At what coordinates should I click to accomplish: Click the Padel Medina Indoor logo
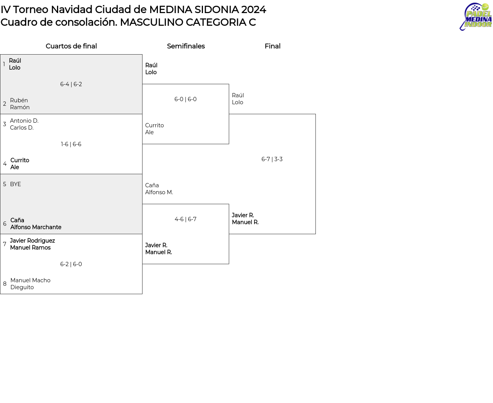click(475, 17)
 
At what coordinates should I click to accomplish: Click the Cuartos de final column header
click(71, 46)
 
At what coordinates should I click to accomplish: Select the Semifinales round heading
click(186, 46)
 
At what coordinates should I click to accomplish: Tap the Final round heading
click(273, 46)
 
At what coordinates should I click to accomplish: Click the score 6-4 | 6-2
click(71, 84)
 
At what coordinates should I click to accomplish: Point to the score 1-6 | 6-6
click(71, 144)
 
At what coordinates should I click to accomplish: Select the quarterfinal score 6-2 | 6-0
click(71, 264)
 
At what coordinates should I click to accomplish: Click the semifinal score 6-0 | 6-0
click(185, 99)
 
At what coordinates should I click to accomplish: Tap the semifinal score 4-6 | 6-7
click(185, 219)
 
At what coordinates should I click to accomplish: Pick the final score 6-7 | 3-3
click(272, 159)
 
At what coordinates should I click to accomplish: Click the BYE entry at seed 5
click(15, 184)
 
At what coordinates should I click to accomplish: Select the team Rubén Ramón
click(20, 104)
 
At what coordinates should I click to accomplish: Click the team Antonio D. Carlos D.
click(24, 124)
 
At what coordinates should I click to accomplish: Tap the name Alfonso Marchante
click(36, 227)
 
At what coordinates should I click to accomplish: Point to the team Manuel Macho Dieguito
click(30, 284)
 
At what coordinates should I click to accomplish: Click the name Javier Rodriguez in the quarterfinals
click(32, 241)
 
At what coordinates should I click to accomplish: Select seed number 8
click(5, 284)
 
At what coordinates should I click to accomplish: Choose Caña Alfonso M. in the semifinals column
click(159, 189)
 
